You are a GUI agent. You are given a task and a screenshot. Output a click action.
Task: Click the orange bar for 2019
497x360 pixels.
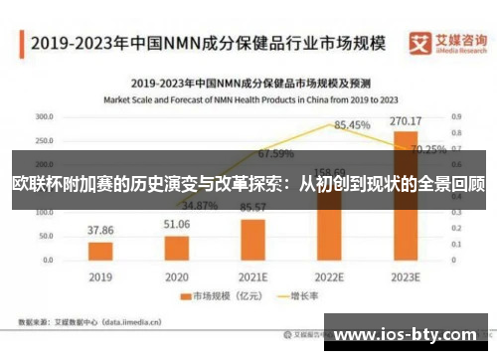[100, 249]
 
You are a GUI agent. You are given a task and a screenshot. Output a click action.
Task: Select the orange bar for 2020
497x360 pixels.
[177, 246]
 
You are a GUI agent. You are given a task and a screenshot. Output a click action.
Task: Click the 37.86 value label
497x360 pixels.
[100, 230]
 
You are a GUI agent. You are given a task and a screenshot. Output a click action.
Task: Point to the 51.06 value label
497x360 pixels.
[177, 225]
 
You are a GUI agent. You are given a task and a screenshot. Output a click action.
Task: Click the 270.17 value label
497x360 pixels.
[407, 121]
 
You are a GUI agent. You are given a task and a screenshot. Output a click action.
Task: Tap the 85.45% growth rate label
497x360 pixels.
[352, 125]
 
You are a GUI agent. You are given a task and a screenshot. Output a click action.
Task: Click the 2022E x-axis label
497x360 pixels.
[330, 274]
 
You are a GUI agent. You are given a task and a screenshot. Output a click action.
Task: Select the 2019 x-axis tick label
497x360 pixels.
[100, 274]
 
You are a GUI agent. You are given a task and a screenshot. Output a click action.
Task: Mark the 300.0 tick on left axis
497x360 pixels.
[44, 116]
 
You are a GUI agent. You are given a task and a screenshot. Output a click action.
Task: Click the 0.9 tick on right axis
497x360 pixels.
[455, 116]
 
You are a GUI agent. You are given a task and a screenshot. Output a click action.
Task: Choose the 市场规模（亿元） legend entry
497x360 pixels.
[215, 295]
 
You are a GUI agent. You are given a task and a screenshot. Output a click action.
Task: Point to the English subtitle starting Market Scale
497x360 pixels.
[248, 99]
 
